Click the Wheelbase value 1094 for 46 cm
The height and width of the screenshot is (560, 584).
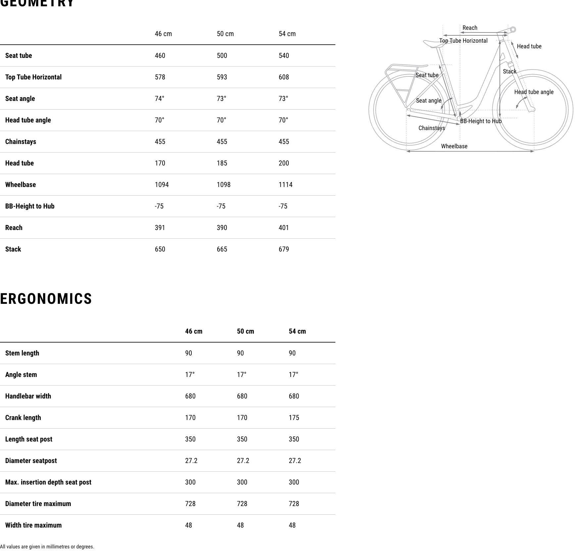point(162,185)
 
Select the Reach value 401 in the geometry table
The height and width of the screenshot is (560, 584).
point(284,228)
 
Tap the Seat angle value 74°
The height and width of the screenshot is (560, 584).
point(160,99)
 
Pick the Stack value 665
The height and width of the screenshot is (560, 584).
point(222,249)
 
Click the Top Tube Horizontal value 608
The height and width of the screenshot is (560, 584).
point(284,77)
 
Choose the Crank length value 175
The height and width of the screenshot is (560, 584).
point(294,418)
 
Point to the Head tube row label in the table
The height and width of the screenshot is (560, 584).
point(20,163)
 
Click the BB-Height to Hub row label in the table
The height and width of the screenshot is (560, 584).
point(30,206)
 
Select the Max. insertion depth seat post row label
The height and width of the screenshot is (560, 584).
point(48,482)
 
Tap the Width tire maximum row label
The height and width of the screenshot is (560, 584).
point(33,525)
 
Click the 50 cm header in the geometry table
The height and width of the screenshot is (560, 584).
point(225,34)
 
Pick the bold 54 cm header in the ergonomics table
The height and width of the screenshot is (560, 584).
point(297,331)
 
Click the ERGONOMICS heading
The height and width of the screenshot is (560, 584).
point(46,299)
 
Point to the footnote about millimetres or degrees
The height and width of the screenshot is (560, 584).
point(47,547)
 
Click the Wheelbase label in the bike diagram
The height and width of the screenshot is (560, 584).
point(454,146)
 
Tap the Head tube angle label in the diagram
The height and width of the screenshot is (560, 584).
point(534,92)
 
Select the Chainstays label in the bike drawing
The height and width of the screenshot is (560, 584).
point(431,128)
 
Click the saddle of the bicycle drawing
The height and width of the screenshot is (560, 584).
point(432,43)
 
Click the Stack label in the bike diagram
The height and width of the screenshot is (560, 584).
point(510,71)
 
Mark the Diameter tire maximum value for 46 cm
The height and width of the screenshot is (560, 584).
point(190,504)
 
